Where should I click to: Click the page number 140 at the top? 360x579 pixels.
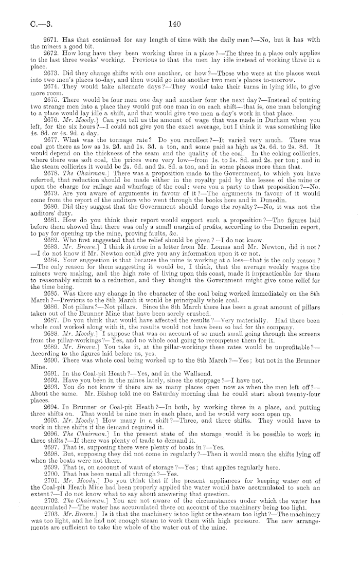point(175,23)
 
